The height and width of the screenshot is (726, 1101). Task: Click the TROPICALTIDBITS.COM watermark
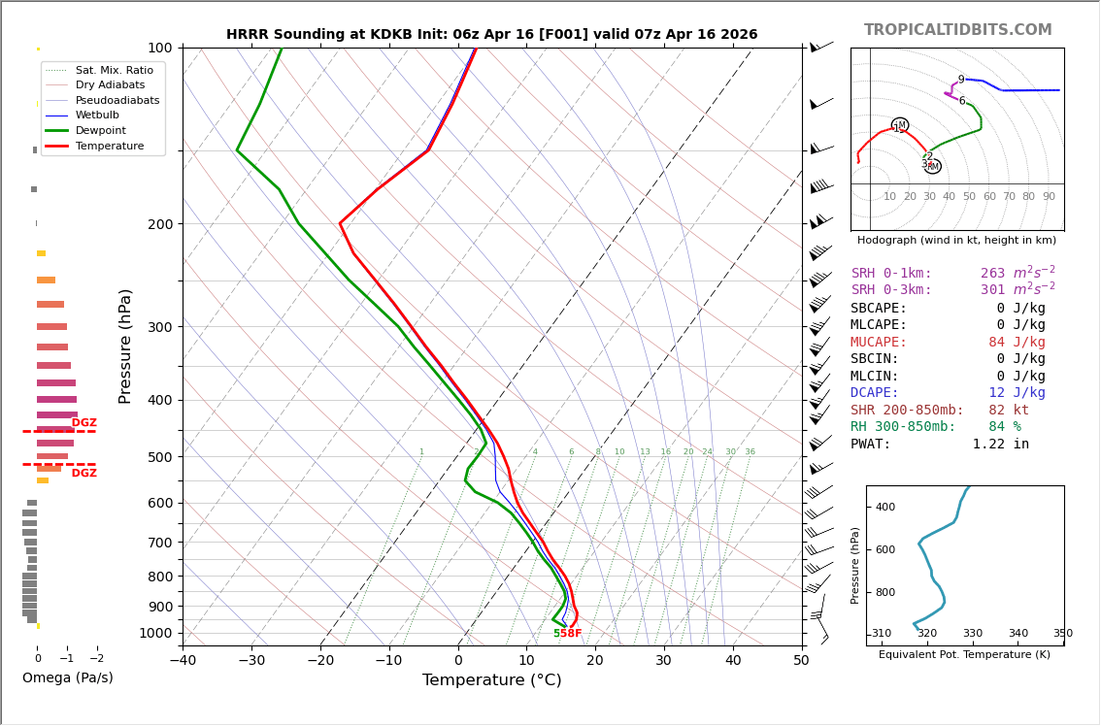(957, 30)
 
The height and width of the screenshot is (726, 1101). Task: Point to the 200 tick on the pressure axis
(160, 224)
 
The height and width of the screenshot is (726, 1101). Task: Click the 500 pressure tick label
(160, 457)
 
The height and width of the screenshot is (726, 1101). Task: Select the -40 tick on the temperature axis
(183, 661)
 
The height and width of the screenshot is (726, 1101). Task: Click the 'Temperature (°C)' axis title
(491, 680)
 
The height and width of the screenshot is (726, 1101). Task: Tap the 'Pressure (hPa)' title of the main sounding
(125, 346)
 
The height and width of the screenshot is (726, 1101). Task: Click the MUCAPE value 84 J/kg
(1017, 343)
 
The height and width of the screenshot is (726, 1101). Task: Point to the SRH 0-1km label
(891, 274)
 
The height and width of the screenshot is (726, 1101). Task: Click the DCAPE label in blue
(875, 393)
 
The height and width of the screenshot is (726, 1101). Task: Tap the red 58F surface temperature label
(571, 634)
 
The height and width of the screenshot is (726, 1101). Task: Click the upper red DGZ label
(84, 423)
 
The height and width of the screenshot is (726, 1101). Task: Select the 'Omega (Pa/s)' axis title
(68, 677)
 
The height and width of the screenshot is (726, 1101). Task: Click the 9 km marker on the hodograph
(961, 81)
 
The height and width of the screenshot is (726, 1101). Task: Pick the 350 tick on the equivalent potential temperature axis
(1062, 634)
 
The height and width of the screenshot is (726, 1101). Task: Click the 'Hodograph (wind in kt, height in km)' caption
(956, 240)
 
